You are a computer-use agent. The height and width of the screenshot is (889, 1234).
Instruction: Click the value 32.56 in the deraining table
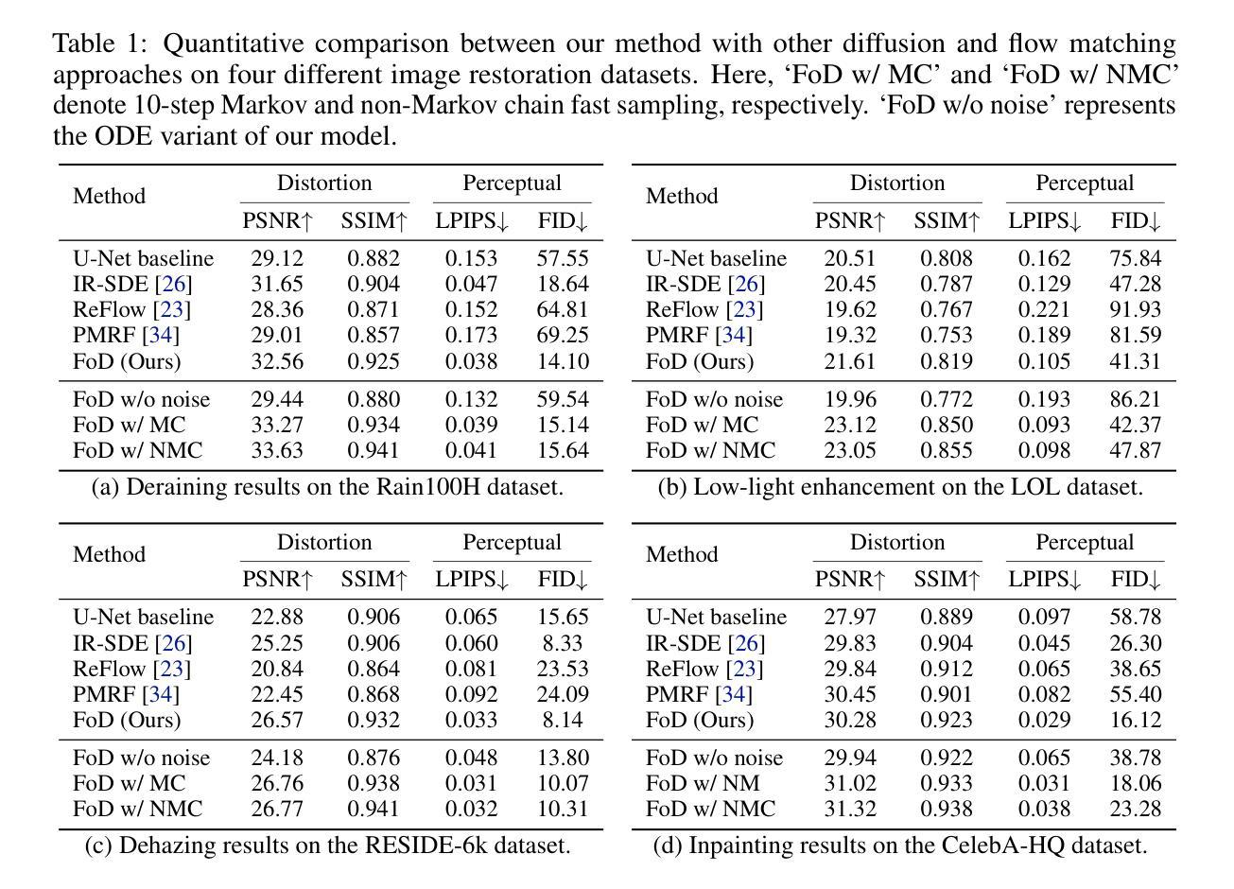(277, 361)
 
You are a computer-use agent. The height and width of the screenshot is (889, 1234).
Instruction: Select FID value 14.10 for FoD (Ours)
(563, 361)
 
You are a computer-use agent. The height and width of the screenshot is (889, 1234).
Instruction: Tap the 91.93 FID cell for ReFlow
(1136, 309)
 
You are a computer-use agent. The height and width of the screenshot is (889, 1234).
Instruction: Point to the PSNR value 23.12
(850, 425)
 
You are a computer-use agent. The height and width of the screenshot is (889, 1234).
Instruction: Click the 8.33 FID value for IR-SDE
(563, 643)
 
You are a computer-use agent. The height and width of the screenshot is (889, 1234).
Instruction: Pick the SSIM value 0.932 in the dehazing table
(373, 720)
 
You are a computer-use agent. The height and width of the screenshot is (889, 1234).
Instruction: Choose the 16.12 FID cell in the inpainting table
(1136, 720)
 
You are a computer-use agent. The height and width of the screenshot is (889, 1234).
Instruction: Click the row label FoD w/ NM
(703, 783)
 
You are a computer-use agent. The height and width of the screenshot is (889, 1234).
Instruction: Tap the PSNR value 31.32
(850, 809)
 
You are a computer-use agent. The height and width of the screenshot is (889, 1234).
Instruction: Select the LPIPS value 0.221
(1044, 309)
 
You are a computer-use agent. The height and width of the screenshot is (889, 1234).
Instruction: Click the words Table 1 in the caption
(99, 44)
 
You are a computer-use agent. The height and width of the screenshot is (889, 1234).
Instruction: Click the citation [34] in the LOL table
(734, 335)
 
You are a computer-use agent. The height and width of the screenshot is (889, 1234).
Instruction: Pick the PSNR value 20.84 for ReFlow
(277, 669)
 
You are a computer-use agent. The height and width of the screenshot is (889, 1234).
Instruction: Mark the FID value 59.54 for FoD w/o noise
(563, 399)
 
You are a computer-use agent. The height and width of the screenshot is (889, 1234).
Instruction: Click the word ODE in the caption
(123, 135)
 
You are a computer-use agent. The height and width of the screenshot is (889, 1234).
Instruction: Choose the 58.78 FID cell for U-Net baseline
(1136, 617)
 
